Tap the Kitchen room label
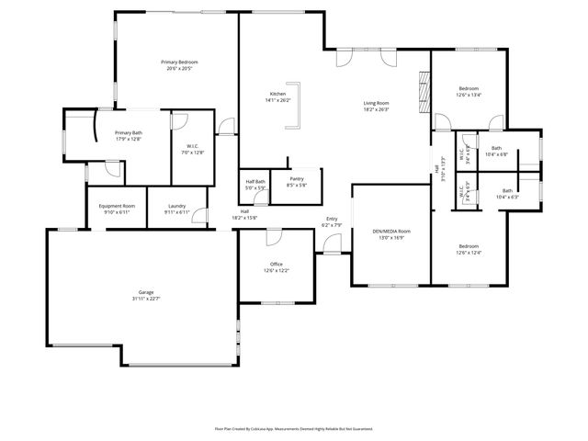click(x=277, y=96)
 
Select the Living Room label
click(x=377, y=106)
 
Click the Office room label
click(x=277, y=267)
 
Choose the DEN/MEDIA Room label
click(x=391, y=233)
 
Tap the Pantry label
click(x=296, y=181)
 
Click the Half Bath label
click(x=255, y=184)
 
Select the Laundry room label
click(x=176, y=209)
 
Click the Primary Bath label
click(x=129, y=136)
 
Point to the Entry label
click(x=331, y=221)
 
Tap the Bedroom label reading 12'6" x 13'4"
click(x=469, y=91)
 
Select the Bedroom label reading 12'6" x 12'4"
click(x=469, y=249)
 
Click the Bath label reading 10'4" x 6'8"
click(x=496, y=151)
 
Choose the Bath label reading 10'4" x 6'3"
click(x=507, y=194)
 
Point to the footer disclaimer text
click(x=294, y=428)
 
